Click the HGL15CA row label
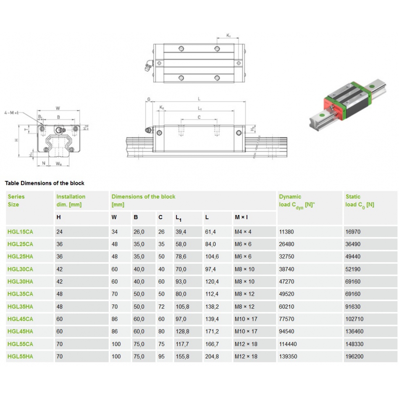[20, 231]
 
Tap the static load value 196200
[354, 357]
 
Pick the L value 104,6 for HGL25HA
[212, 257]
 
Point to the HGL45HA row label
[20, 331]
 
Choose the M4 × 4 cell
[243, 231]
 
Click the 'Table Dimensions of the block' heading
[45, 183]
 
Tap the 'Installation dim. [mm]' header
[71, 200]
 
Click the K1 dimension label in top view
[228, 36]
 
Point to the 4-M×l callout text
[11, 113]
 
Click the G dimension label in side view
[149, 100]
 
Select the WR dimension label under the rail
[59, 163]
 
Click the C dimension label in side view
[199, 117]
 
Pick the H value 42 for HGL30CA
[59, 269]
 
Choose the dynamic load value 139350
[288, 357]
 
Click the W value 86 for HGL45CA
[115, 319]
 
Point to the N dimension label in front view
[43, 163]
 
